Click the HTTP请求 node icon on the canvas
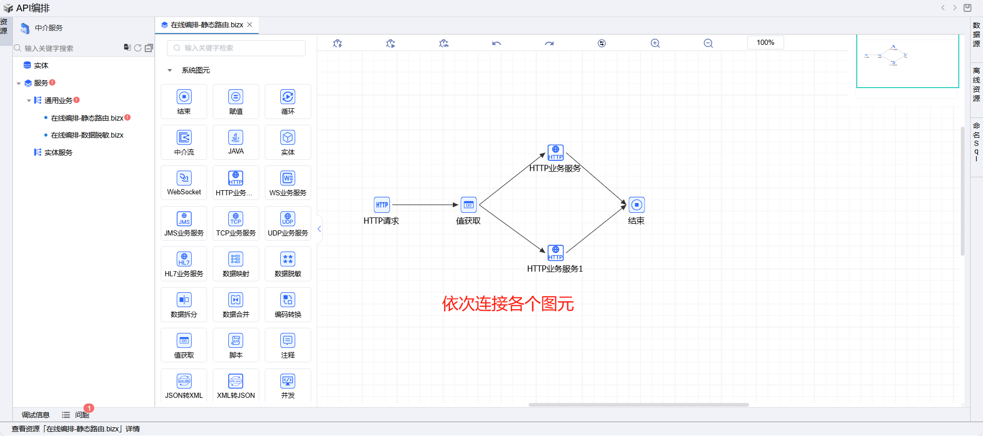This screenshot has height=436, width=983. [x=382, y=205]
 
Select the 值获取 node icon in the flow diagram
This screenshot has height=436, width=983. [x=468, y=205]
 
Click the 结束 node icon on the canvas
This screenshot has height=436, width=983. [x=637, y=205]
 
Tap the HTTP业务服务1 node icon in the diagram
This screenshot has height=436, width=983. [x=555, y=253]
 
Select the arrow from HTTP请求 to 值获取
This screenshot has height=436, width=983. [x=425, y=205]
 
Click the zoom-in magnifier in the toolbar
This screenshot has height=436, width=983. [x=655, y=43]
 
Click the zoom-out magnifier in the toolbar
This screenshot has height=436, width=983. [x=708, y=43]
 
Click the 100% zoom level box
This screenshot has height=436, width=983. [x=765, y=42]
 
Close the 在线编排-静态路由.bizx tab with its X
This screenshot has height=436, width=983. [x=250, y=24]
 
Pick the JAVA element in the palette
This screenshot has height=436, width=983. [x=236, y=142]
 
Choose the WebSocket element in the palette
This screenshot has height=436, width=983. [x=184, y=182]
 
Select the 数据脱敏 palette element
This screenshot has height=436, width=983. [x=287, y=264]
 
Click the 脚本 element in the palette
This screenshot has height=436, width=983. [x=236, y=345]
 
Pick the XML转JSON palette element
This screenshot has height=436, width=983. [x=236, y=385]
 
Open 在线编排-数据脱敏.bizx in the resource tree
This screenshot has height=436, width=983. [x=87, y=135]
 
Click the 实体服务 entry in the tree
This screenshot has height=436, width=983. [x=58, y=153]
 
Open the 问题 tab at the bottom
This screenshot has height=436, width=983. [x=81, y=415]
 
